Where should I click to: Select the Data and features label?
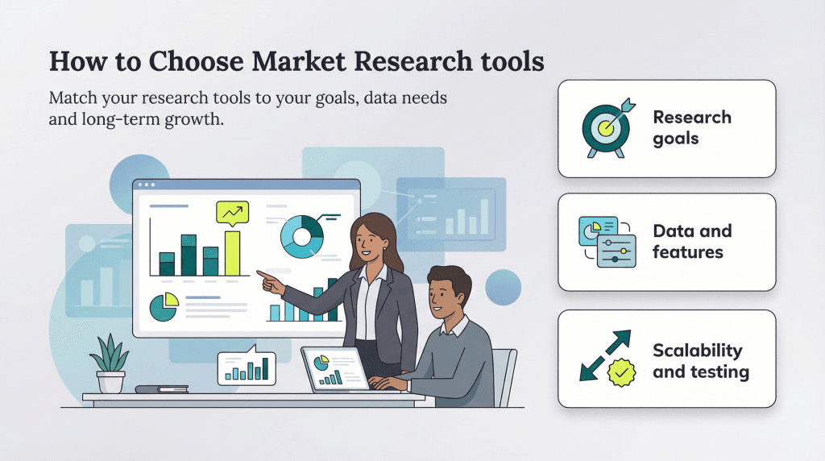692,242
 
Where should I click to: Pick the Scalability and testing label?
700,361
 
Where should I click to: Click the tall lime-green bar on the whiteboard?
232,253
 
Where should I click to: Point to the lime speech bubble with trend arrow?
232,213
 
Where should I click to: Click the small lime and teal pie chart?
163,307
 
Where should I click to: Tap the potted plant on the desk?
110,363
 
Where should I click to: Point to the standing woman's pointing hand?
266,279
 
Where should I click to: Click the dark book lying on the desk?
161,389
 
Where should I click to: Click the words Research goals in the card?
692,127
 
